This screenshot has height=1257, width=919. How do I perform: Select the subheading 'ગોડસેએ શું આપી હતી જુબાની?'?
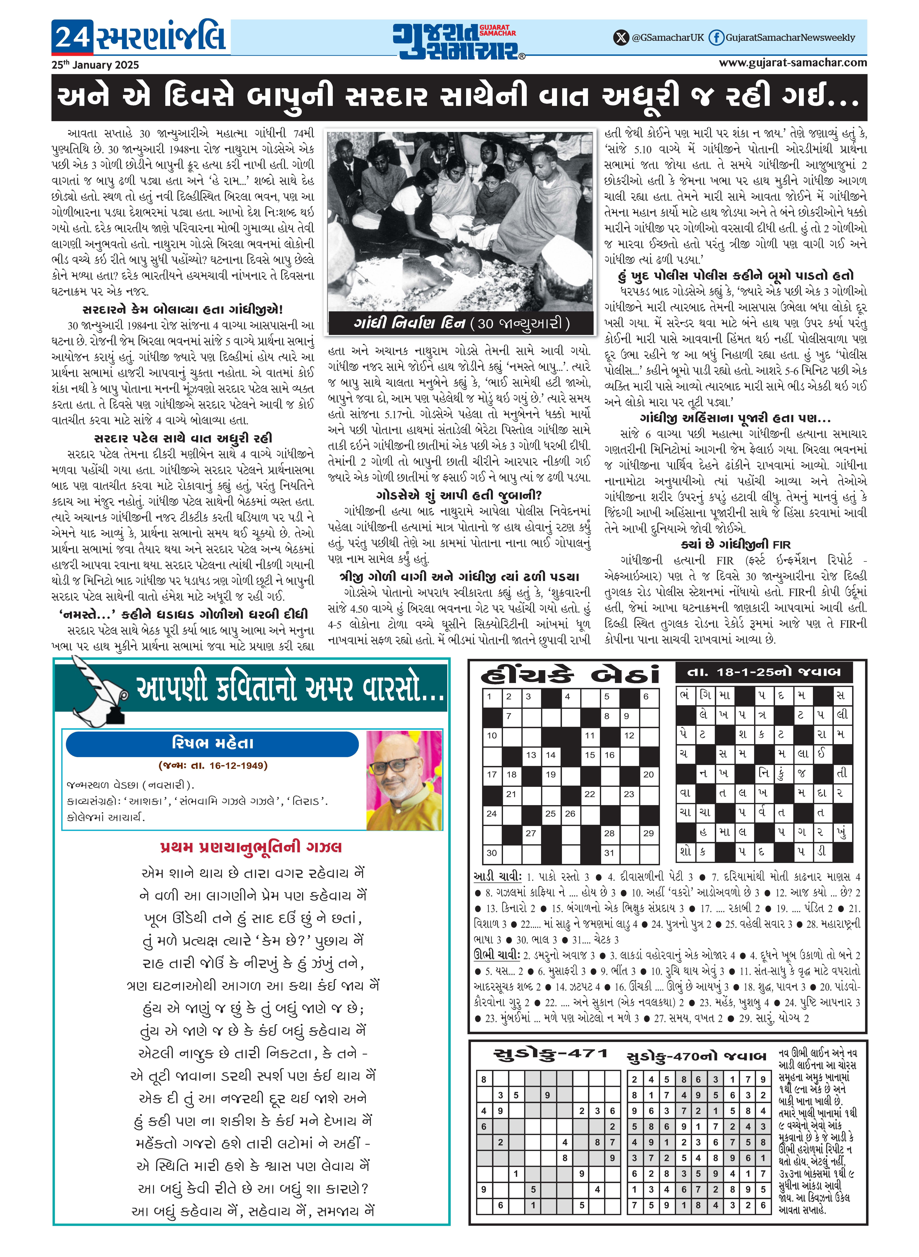[x=458, y=495]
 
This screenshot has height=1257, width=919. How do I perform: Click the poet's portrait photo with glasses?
[x=404, y=780]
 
